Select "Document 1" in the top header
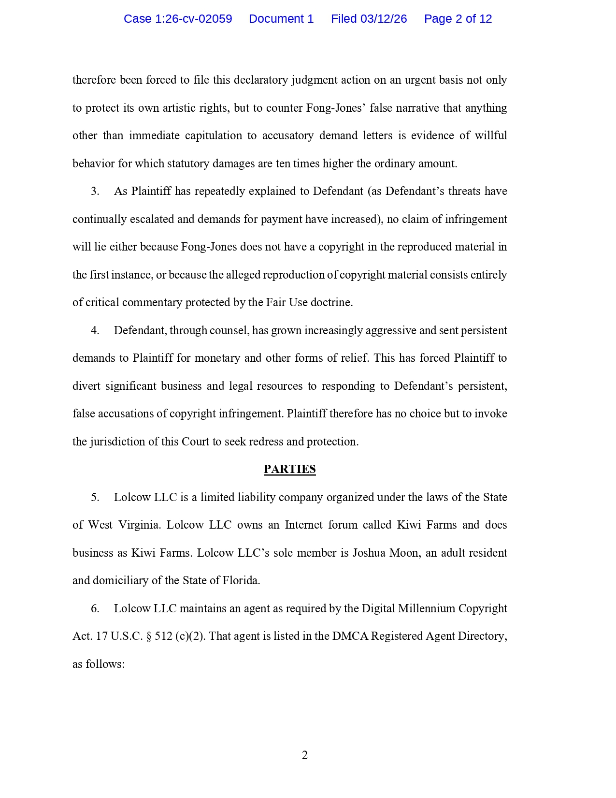click(281, 19)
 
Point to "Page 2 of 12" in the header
click(458, 19)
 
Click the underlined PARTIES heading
click(290, 469)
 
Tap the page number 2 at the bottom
click(305, 755)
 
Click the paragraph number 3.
click(95, 192)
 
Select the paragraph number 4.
click(95, 331)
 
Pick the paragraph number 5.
click(95, 498)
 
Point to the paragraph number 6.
click(95, 609)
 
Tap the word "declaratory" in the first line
click(261, 80)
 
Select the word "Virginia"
click(139, 525)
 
